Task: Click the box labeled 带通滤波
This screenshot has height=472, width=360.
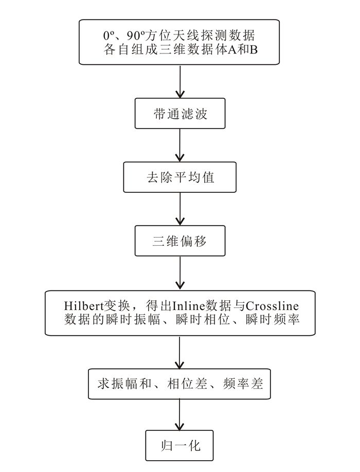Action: [x=179, y=114]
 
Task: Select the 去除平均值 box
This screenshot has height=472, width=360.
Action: [x=179, y=177]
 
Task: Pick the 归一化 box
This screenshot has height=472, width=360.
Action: [x=179, y=444]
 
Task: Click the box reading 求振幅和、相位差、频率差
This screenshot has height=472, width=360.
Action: [x=179, y=383]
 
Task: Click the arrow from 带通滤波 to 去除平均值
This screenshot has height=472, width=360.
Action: [x=179, y=146]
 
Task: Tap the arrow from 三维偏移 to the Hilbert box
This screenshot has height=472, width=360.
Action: [x=179, y=273]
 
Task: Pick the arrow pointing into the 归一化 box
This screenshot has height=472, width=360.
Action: [x=179, y=414]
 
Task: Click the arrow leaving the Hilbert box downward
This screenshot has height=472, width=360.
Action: [x=179, y=352]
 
